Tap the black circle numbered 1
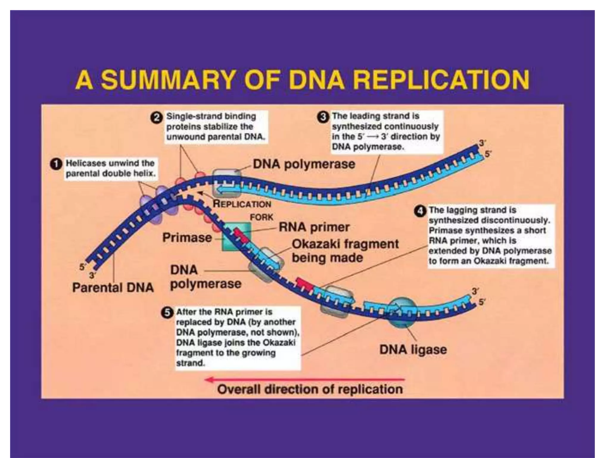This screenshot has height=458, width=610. click(x=56, y=164)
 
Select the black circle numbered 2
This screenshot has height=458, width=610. click(x=156, y=118)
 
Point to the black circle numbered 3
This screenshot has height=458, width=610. click(x=323, y=117)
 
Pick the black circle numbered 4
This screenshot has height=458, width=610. click(x=420, y=211)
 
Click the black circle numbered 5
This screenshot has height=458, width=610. click(x=167, y=312)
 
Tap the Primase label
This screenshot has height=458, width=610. click(x=187, y=238)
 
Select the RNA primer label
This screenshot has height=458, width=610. click(x=314, y=227)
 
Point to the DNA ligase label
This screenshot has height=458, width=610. click(x=413, y=349)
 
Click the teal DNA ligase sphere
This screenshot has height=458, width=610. click(x=401, y=312)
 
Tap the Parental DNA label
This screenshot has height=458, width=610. click(x=113, y=288)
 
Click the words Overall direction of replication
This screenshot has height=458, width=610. click(x=310, y=389)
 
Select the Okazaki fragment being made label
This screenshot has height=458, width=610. click(x=345, y=250)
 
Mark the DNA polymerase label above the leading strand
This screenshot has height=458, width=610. click(x=304, y=164)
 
